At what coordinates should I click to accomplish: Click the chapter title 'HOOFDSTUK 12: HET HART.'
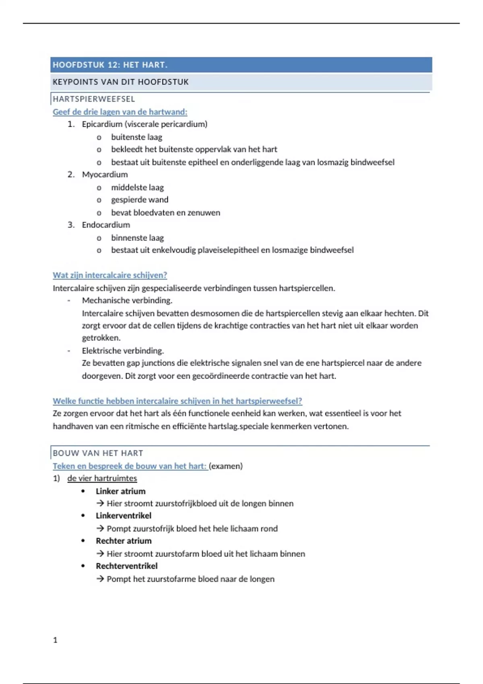click(x=110, y=65)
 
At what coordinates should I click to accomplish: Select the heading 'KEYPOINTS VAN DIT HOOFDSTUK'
click(x=120, y=82)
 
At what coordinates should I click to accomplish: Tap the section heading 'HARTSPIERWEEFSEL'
click(x=94, y=99)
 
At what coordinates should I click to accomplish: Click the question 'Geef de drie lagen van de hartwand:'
click(x=120, y=112)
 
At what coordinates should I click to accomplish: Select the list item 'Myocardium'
click(x=105, y=175)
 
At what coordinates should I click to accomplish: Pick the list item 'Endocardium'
click(x=106, y=225)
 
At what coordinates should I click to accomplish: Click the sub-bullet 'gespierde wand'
click(x=140, y=200)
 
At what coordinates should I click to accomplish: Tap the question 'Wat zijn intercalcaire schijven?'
click(x=110, y=275)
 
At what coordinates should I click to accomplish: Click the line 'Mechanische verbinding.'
click(x=127, y=301)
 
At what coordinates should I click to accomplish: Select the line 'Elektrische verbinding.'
click(x=123, y=351)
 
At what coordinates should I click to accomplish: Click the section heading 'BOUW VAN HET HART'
click(x=98, y=453)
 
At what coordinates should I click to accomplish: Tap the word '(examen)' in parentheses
click(x=226, y=466)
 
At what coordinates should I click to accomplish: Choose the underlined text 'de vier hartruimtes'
click(x=102, y=478)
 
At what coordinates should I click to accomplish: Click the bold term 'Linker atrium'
click(x=120, y=491)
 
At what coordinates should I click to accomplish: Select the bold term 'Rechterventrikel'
click(x=126, y=566)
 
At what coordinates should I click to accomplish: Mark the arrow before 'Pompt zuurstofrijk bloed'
click(x=100, y=529)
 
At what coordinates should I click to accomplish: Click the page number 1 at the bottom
click(x=55, y=640)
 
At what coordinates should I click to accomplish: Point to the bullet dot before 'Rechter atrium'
click(x=83, y=541)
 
